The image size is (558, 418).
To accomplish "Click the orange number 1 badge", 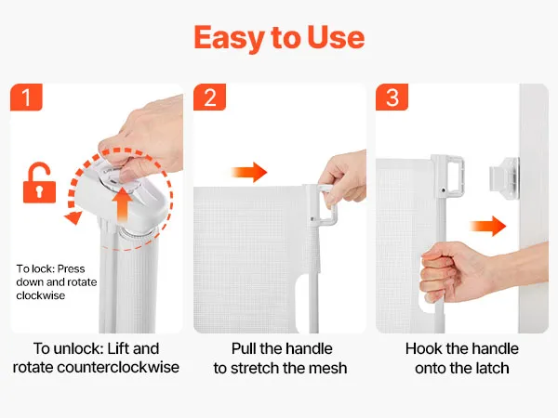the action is [26, 97].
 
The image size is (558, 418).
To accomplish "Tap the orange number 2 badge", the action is [209, 97].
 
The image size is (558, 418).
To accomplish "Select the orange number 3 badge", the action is [392, 97].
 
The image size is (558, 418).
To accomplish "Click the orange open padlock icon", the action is [39, 183].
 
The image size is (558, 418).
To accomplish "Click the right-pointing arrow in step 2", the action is [248, 173].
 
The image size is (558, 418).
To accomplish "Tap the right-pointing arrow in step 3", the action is [488, 226].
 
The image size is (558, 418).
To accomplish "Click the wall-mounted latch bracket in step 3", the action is [504, 178].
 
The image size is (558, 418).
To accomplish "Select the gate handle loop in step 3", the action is [449, 176].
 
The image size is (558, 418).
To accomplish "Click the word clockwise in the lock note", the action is [41, 295].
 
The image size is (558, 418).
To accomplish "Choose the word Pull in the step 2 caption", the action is [244, 348].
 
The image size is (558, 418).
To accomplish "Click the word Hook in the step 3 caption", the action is [423, 348].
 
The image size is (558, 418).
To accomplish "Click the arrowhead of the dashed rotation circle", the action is [73, 217].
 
